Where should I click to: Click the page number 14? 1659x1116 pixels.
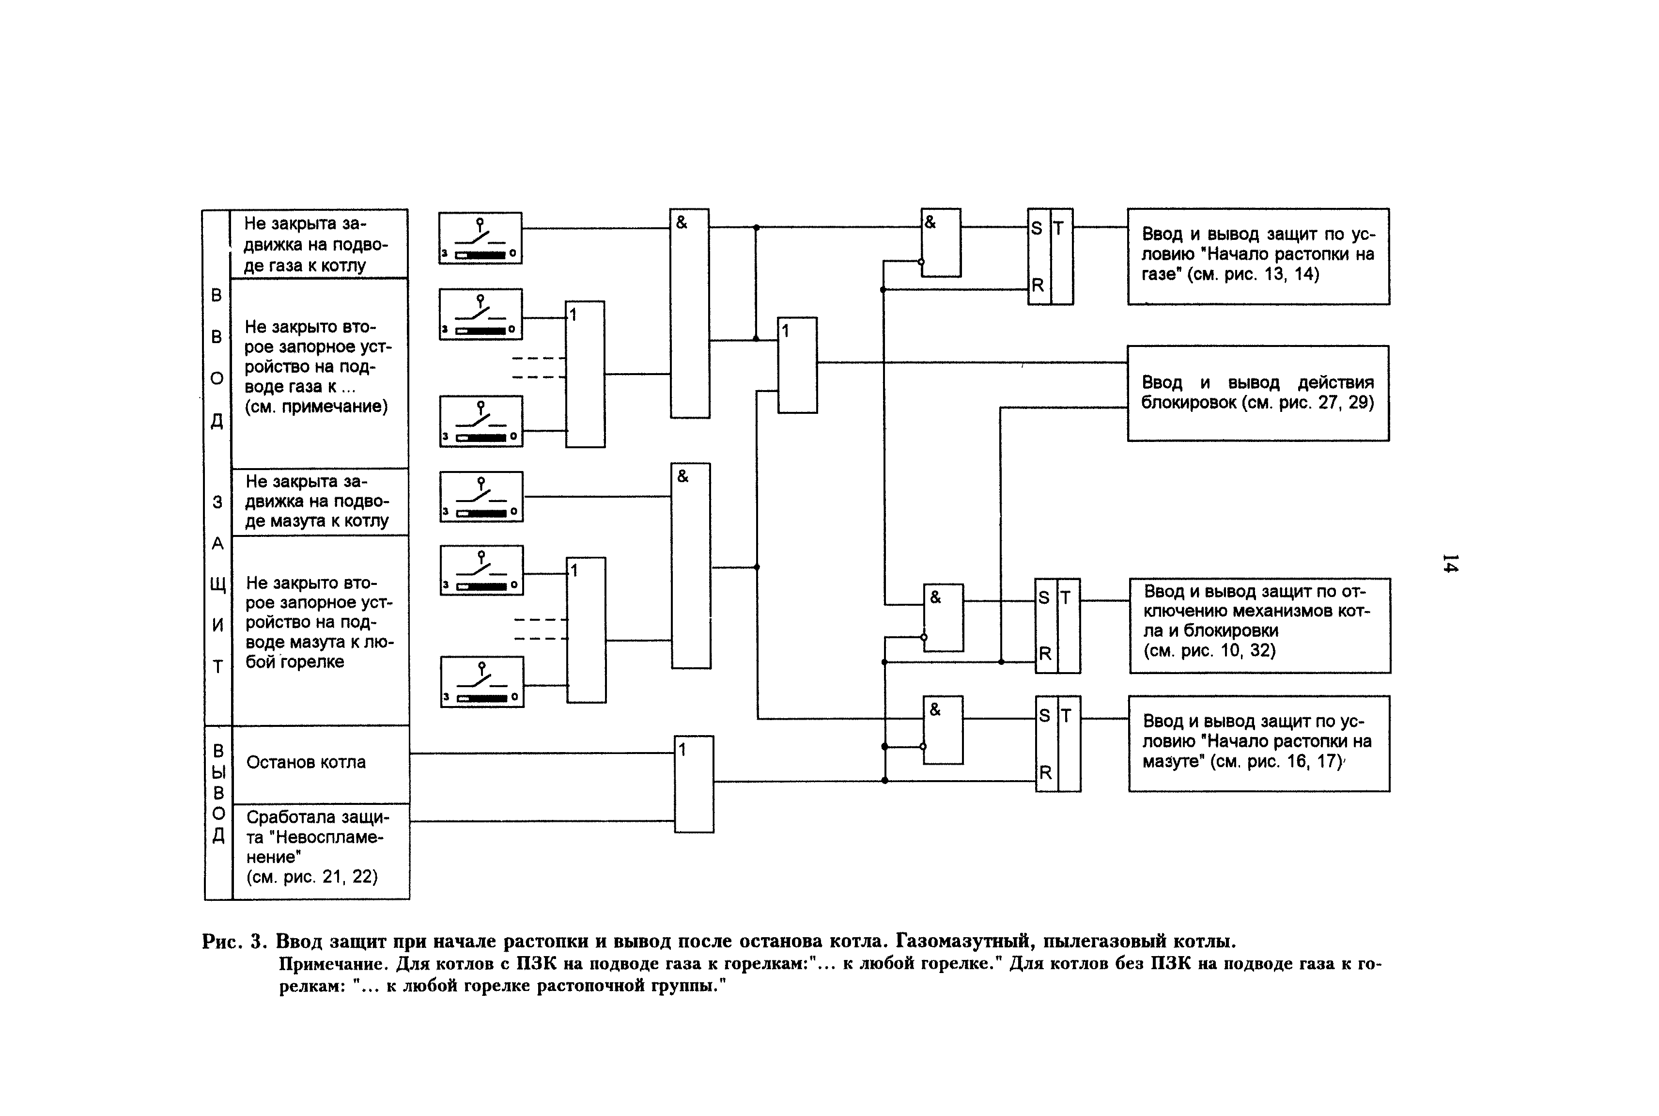[x=1450, y=563]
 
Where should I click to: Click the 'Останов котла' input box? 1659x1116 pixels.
[x=320, y=763]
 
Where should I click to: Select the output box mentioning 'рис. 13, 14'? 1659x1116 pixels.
[x=1258, y=256]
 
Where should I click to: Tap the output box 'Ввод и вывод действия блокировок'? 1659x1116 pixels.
[x=1258, y=393]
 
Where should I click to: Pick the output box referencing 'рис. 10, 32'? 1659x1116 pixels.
[x=1259, y=625]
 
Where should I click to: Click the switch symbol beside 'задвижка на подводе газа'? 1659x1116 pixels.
[x=480, y=238]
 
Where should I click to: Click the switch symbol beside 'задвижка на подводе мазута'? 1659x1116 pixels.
[x=481, y=497]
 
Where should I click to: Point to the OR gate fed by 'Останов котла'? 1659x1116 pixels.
[x=694, y=784]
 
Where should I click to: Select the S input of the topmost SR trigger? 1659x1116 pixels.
[x=1037, y=228]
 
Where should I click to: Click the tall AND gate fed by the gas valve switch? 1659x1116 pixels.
[x=689, y=313]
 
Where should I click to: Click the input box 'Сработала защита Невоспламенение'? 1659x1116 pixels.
[x=320, y=850]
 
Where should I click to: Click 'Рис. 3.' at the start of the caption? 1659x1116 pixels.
[x=235, y=942]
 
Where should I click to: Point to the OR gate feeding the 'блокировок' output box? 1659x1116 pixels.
[x=797, y=365]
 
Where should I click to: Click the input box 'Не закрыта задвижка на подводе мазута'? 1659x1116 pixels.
[x=320, y=501]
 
